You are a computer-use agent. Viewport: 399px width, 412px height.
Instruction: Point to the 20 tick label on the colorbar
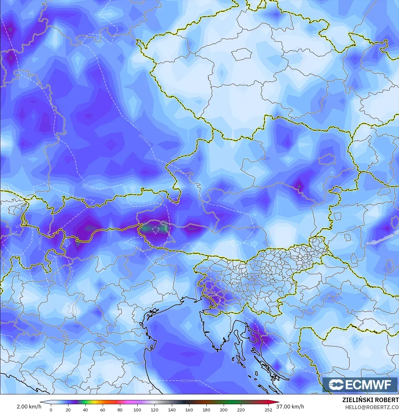click(68, 410)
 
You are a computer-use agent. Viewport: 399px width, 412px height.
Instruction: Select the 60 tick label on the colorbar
click(102, 410)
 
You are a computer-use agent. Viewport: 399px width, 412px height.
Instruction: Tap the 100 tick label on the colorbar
click(137, 410)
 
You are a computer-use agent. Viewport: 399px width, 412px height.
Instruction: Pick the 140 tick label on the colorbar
click(172, 410)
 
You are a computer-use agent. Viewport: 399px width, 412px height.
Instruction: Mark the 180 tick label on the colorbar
click(206, 410)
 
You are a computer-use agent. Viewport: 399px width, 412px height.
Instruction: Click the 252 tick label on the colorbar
click(268, 410)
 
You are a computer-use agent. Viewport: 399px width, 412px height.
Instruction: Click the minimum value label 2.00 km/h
click(29, 407)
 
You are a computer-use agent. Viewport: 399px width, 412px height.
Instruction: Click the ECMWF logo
click(360, 384)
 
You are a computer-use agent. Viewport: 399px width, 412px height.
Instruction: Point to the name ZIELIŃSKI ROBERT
click(370, 400)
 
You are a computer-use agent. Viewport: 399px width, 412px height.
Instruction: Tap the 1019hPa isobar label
click(144, 140)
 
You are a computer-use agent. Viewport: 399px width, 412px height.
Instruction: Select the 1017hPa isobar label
click(89, 186)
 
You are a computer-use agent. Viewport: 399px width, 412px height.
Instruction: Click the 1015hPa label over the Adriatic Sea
click(188, 380)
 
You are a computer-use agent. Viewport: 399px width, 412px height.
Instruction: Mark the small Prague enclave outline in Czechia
click(242, 54)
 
